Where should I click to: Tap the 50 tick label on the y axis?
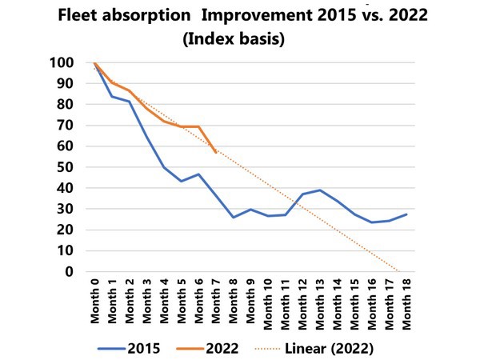[65, 167]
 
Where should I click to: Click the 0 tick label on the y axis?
[70, 272]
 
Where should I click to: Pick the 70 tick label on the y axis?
[65, 126]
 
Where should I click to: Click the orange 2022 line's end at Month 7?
[215, 152]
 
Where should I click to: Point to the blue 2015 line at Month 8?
[232, 218]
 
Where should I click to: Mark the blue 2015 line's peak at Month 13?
[318, 190]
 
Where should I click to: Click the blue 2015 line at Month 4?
[164, 167]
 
